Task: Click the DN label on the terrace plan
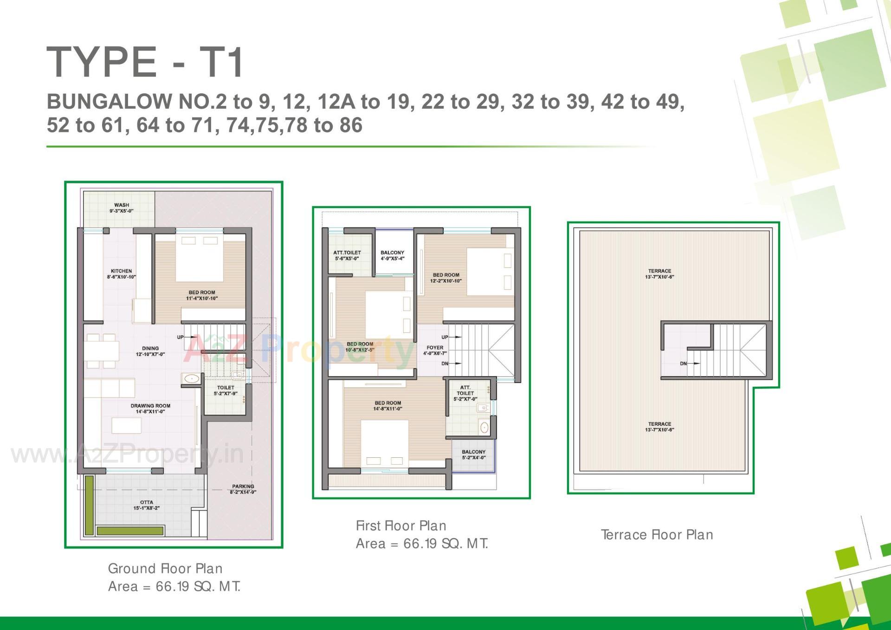click(x=683, y=364)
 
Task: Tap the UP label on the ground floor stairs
click(x=180, y=337)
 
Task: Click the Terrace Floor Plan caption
click(x=657, y=535)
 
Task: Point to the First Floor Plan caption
click(x=401, y=526)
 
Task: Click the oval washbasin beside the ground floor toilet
click(x=191, y=379)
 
